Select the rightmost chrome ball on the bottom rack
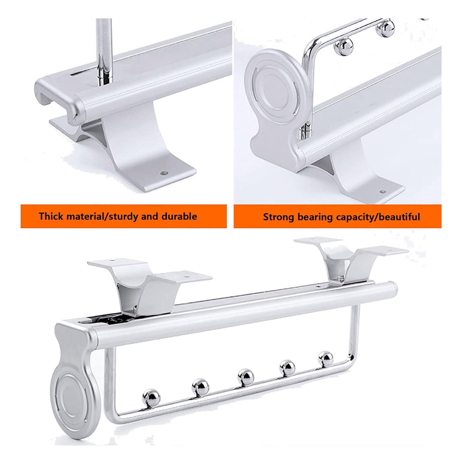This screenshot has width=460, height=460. [x=326, y=359]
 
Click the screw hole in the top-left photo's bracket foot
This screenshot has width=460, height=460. [x=163, y=173]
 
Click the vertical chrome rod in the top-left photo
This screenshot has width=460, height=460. [x=103, y=49]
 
